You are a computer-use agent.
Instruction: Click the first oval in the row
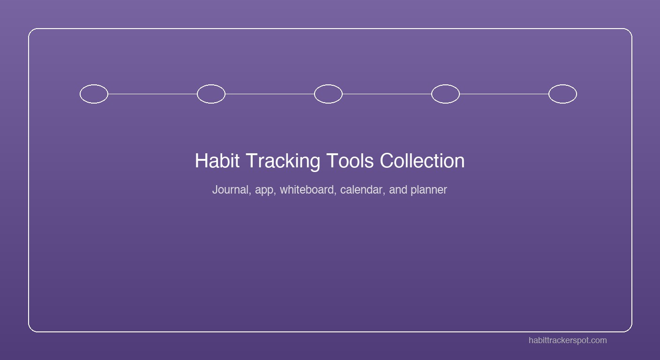tap(94, 94)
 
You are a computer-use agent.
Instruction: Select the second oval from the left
tap(211, 94)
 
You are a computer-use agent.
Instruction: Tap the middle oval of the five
tap(328, 94)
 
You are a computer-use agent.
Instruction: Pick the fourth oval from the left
tap(445, 94)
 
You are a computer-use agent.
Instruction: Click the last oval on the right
tap(562, 94)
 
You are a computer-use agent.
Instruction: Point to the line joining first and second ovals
tap(152, 94)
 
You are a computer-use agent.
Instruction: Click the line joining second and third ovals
tap(270, 94)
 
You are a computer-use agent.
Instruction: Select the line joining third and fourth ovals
tap(387, 94)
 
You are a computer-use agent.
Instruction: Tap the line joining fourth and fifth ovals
tap(504, 94)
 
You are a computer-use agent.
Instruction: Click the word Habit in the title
tap(217, 161)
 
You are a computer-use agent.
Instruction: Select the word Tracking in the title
tap(283, 161)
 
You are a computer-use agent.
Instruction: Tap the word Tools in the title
tap(350, 161)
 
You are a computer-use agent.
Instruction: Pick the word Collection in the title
tap(422, 161)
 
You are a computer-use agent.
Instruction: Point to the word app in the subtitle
tap(264, 190)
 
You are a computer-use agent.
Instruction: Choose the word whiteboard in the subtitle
tap(307, 190)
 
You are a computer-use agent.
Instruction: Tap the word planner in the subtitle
tap(428, 190)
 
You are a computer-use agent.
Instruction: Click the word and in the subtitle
tap(398, 190)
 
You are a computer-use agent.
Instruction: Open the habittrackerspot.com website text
tap(567, 340)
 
